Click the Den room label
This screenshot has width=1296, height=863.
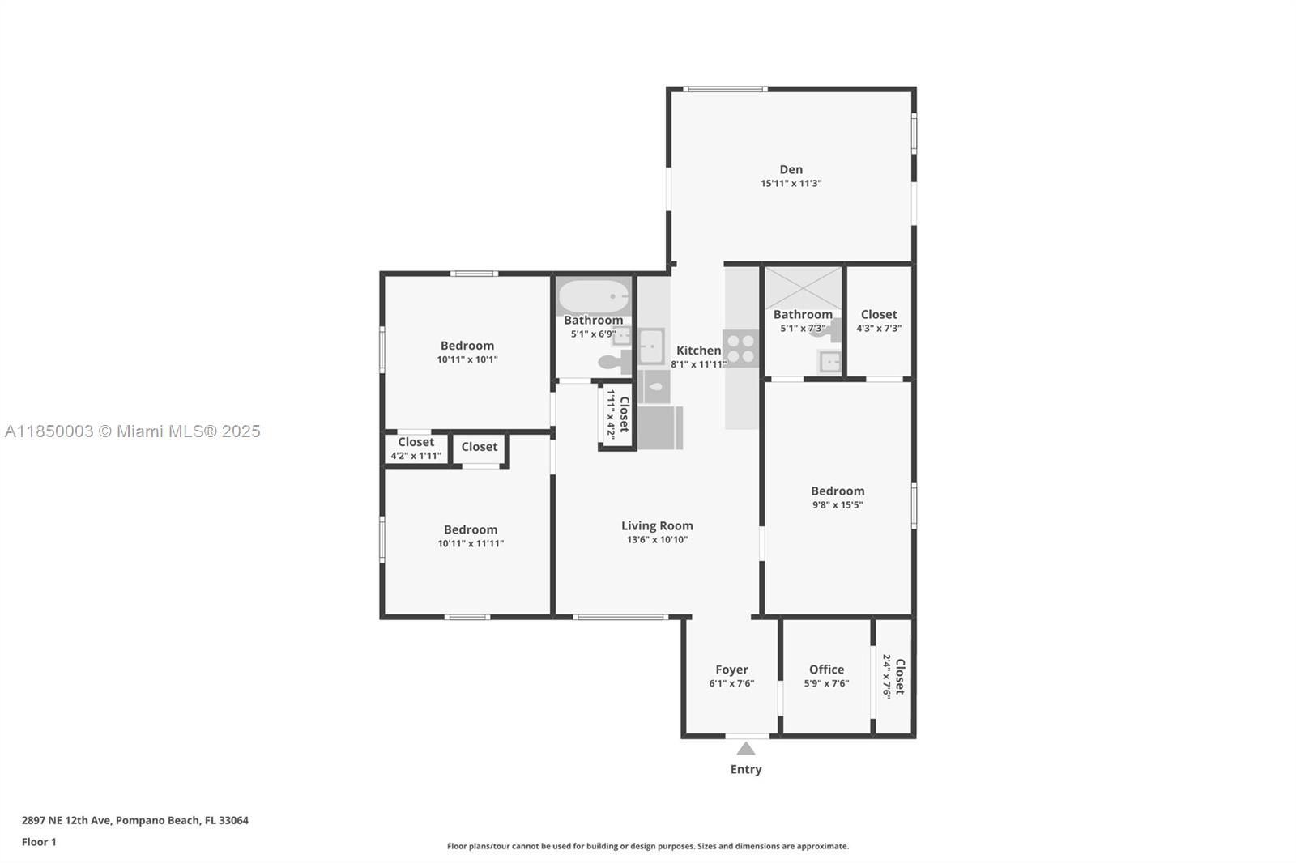(791, 169)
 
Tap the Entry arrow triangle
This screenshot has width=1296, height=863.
(746, 749)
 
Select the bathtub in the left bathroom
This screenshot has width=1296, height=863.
(594, 296)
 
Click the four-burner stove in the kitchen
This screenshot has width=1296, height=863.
(740, 348)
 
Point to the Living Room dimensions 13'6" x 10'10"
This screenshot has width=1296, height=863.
(657, 539)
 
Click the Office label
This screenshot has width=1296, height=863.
(826, 670)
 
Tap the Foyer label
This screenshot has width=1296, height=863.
(731, 670)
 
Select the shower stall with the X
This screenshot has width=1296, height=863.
(803, 287)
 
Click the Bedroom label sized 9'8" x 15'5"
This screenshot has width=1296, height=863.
(838, 491)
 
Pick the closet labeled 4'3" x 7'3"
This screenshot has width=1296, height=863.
(879, 320)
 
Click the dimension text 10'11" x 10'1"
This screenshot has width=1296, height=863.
(467, 359)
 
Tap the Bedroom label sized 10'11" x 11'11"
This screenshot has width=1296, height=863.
(471, 529)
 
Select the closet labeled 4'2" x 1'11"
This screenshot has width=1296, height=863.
(416, 449)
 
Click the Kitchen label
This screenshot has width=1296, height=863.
(698, 351)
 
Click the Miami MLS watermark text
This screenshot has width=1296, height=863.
(133, 431)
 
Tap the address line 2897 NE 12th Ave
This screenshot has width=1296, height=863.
(135, 820)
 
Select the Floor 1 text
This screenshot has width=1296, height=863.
(39, 842)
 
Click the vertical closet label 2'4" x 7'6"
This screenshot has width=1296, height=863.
(893, 677)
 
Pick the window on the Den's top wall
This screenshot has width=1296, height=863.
(724, 89)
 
